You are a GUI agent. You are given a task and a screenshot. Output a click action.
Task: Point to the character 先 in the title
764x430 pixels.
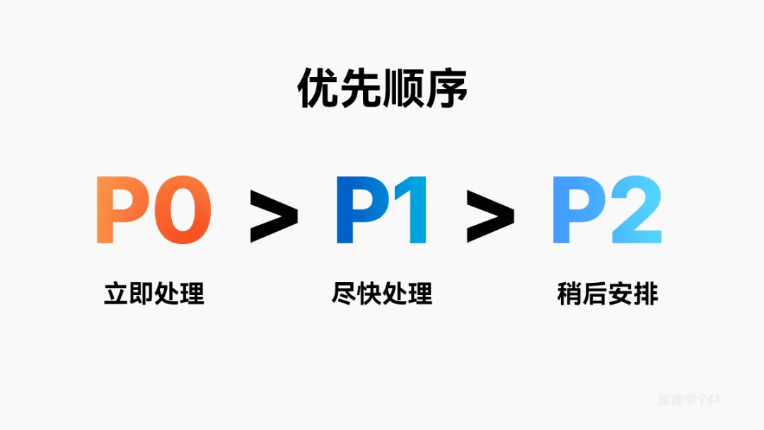361,88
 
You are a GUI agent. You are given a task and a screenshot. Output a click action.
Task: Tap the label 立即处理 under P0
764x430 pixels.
154,294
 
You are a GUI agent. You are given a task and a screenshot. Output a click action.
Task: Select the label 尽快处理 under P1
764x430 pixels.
382,294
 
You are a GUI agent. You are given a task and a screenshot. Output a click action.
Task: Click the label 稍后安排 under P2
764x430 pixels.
607,294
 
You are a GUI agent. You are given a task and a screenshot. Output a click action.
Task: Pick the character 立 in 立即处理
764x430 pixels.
116,294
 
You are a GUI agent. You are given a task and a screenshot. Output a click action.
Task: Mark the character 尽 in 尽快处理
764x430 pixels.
344,294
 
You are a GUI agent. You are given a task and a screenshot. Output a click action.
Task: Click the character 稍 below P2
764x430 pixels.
569,294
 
